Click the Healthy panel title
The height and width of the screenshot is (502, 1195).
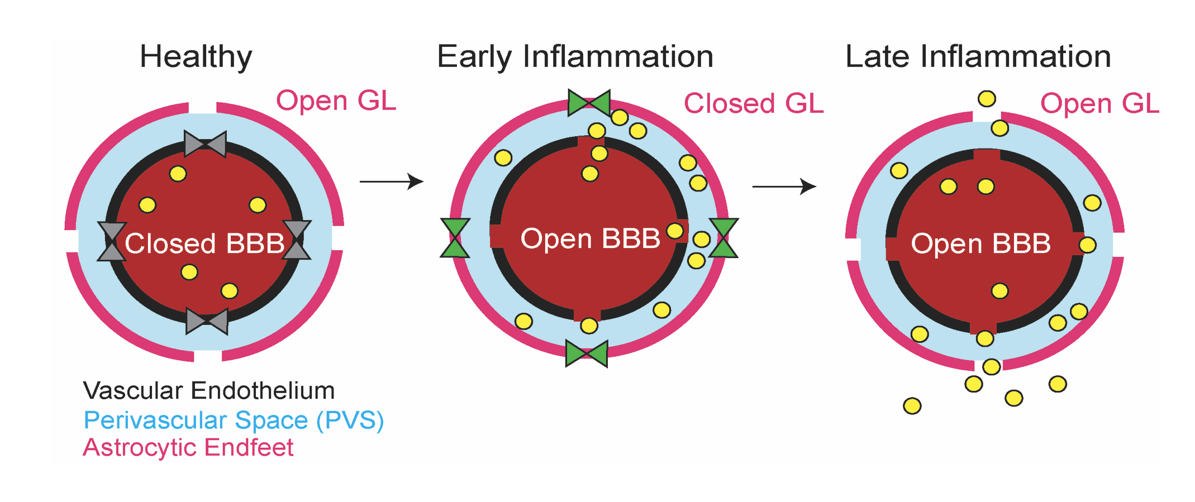(x=196, y=57)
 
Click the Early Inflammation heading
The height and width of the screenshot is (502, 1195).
(x=575, y=57)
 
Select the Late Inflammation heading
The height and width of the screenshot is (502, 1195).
(x=978, y=57)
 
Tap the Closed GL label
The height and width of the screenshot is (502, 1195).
(x=754, y=104)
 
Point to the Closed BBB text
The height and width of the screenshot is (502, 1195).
(x=204, y=243)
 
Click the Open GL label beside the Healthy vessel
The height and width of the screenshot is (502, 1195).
(x=336, y=101)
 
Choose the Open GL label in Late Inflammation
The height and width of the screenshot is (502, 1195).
(x=1099, y=104)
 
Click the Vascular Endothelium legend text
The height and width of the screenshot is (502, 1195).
(x=208, y=391)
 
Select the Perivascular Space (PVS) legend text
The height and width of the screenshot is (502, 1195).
(x=234, y=420)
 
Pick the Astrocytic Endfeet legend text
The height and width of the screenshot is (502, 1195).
(x=188, y=448)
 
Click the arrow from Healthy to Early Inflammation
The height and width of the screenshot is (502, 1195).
(x=391, y=181)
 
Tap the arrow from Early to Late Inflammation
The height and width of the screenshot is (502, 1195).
(x=784, y=186)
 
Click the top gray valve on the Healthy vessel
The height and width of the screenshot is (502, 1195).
(x=205, y=144)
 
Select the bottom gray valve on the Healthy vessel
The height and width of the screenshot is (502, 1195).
(x=207, y=321)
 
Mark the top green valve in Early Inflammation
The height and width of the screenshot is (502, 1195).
(x=589, y=103)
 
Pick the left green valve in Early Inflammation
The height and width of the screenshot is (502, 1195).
(x=455, y=238)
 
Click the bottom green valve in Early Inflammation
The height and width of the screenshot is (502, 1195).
(x=587, y=353)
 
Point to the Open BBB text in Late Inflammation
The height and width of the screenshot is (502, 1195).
(x=980, y=243)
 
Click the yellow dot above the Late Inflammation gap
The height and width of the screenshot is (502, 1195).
(x=987, y=99)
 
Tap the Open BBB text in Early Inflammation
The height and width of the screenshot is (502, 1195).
(x=590, y=238)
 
